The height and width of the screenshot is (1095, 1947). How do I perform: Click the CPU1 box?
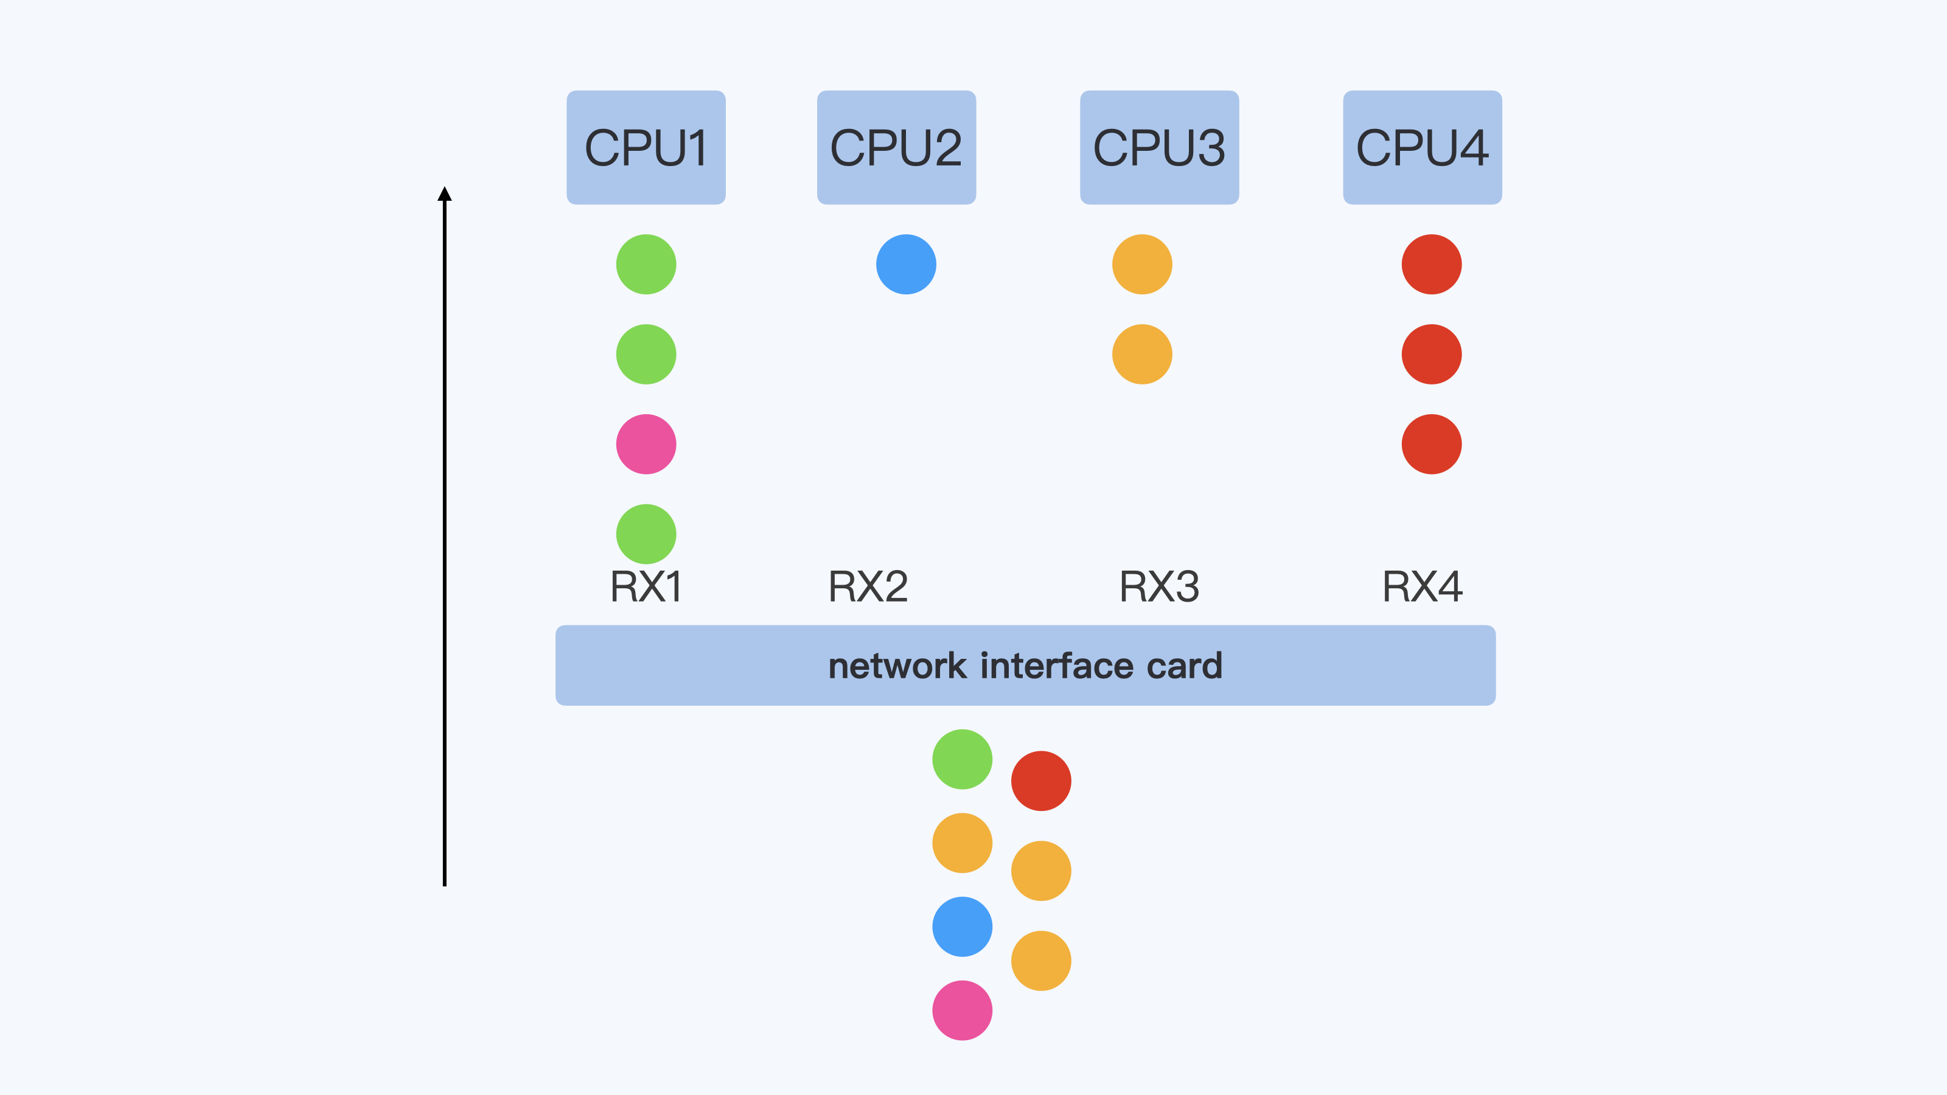(646, 147)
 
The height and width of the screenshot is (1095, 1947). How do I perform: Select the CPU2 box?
(896, 147)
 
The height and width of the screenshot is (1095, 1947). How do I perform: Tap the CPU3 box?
(1160, 147)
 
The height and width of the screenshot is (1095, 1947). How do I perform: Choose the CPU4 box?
(1423, 147)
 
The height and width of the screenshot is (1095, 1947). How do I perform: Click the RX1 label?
(646, 586)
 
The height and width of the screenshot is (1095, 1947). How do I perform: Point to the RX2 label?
(868, 586)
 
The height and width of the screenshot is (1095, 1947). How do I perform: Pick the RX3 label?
(1160, 586)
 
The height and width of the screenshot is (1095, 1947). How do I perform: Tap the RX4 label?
(1423, 586)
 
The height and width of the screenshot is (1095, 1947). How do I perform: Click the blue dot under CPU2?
(906, 265)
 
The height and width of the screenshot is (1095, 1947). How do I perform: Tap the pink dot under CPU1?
(646, 444)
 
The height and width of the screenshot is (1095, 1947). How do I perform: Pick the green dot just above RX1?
(646, 534)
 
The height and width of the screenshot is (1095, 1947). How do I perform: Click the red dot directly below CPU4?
(1432, 265)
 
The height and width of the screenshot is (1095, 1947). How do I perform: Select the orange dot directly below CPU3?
(1142, 265)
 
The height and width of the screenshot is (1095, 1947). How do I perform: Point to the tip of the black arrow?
(444, 189)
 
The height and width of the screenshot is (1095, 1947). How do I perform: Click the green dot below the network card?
(962, 759)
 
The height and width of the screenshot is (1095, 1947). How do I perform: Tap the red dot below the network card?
(1041, 780)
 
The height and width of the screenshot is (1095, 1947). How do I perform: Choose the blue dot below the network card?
(962, 926)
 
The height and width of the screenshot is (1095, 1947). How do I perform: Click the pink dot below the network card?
(962, 1010)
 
